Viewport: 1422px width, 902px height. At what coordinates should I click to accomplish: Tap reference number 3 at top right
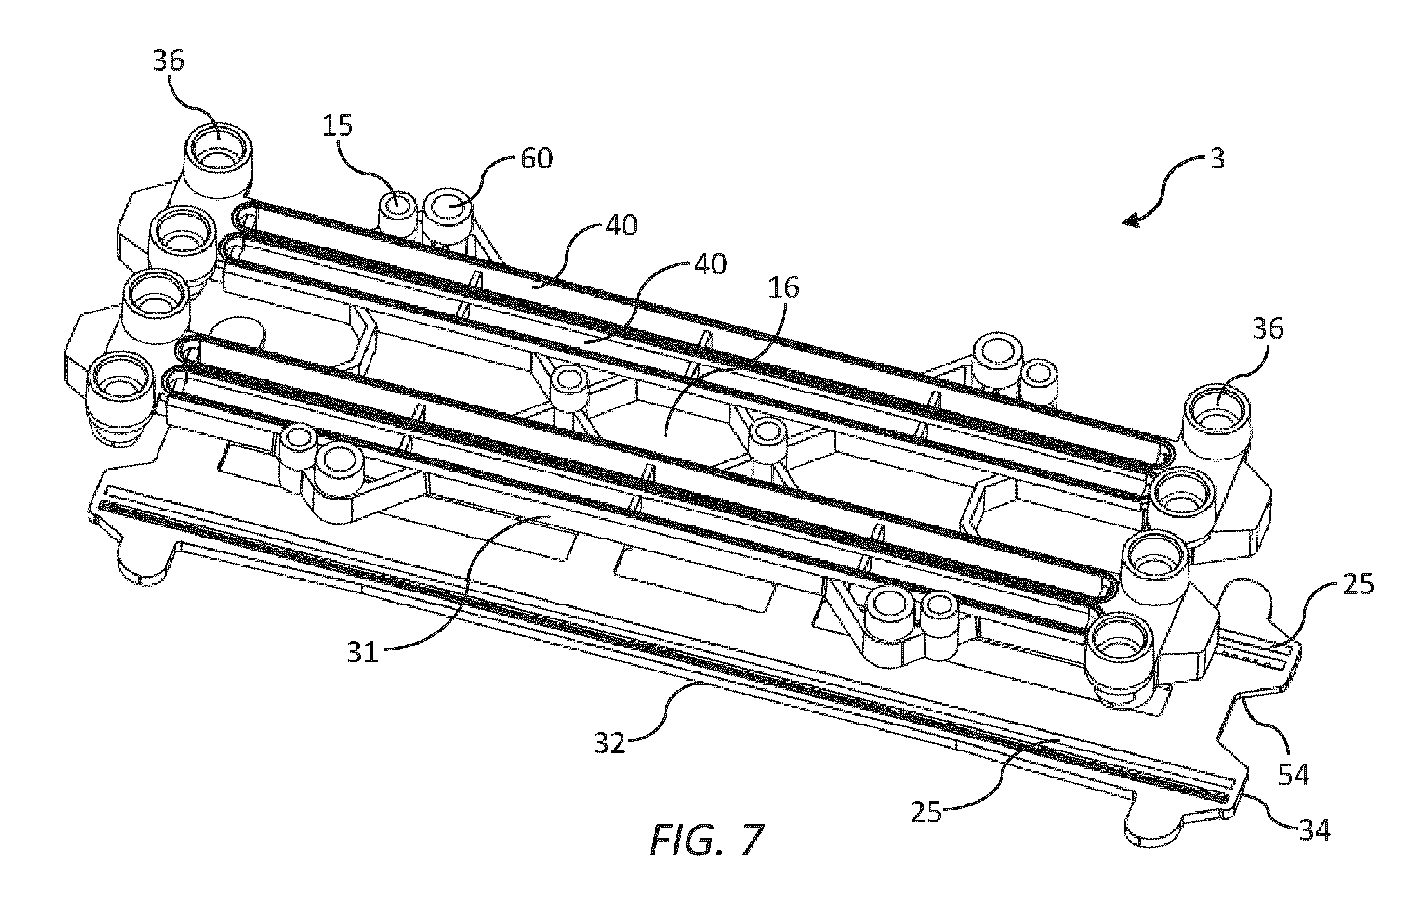[x=1217, y=160]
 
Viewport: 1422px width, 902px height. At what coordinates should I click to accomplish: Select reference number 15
[x=338, y=127]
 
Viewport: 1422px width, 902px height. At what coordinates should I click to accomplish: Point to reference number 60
[x=536, y=159]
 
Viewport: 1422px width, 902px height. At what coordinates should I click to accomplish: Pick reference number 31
[x=363, y=653]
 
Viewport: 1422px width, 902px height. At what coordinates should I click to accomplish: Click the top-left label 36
[x=168, y=61]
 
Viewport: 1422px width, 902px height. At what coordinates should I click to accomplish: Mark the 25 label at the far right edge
[x=1357, y=584]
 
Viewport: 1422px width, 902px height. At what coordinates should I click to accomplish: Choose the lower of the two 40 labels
[x=709, y=265]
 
